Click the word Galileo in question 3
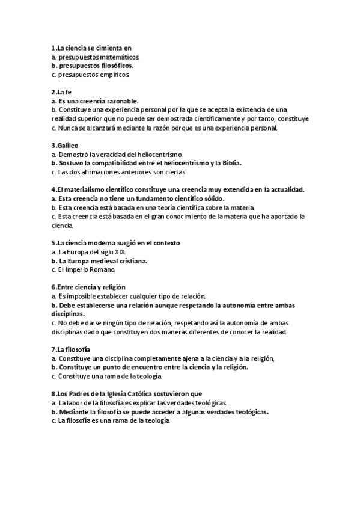pos(67,146)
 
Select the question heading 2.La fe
pos(61,92)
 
